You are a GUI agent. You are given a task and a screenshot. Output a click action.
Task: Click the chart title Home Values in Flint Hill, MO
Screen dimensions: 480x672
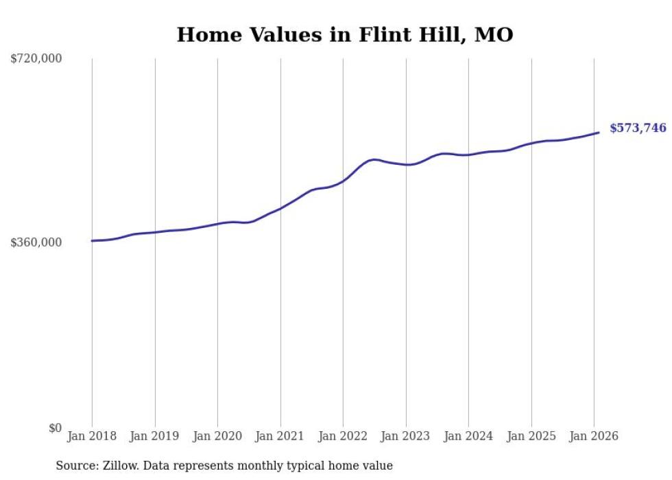pos(345,35)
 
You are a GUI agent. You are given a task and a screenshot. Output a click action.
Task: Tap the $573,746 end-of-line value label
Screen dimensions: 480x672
pos(638,128)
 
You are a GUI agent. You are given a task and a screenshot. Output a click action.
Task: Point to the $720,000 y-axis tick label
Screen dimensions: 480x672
pos(36,59)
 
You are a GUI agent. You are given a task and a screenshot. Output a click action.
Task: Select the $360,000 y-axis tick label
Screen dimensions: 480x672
pos(36,242)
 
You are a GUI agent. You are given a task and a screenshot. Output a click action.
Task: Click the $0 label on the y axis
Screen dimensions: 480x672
pos(55,428)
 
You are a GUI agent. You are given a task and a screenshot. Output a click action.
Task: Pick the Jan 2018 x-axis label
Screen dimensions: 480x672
pos(92,437)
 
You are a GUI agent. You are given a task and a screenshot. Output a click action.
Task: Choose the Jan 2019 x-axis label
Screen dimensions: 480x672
pos(154,437)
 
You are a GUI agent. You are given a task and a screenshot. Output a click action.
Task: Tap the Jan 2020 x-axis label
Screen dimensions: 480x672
pos(217,437)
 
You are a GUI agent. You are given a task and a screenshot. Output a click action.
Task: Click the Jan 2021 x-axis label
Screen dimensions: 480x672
pos(280,437)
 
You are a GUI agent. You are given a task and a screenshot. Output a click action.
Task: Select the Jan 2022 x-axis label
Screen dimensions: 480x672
pos(343,437)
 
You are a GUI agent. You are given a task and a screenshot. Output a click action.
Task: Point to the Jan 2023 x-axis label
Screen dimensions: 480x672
pos(405,437)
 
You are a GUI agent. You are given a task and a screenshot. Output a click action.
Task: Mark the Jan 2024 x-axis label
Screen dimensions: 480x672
pos(468,437)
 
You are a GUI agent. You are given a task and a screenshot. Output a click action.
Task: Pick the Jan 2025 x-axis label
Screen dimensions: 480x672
pos(531,437)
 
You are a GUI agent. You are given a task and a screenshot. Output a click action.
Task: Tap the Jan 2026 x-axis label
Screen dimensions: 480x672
pos(594,437)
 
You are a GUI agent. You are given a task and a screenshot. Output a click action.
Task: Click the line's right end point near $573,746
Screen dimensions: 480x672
pos(599,133)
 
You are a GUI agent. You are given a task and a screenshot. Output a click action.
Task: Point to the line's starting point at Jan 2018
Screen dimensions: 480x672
pos(92,240)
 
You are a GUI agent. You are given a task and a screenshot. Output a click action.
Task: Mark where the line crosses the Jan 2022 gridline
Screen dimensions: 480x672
pos(343,181)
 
